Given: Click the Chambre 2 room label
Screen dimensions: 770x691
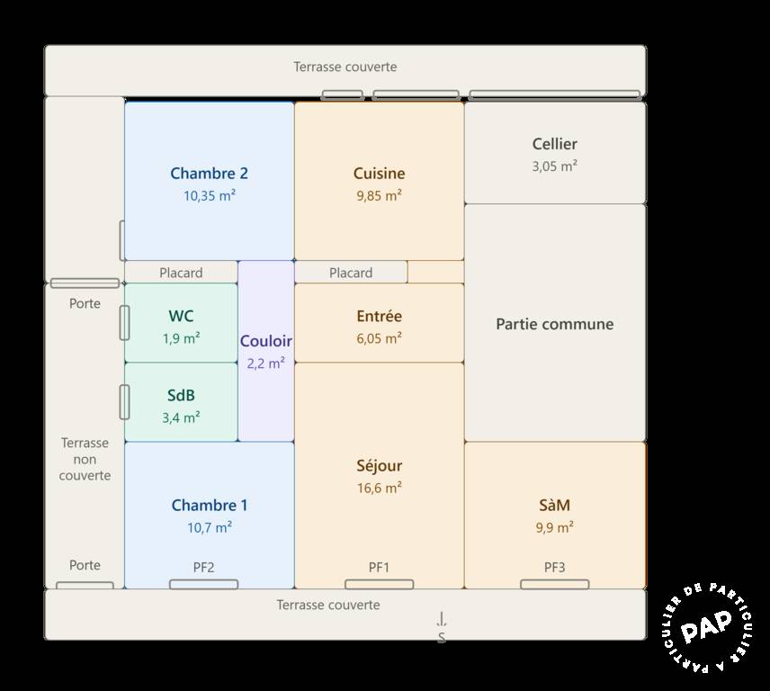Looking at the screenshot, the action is (x=210, y=174).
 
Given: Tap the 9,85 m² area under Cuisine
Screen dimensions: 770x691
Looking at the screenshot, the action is (x=379, y=196).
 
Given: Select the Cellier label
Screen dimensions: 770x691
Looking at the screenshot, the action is (x=554, y=144).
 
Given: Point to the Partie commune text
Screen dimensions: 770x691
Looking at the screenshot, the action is (x=554, y=324).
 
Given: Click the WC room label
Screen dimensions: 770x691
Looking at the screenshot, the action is (x=181, y=316).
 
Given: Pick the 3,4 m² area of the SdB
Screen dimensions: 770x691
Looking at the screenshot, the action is (x=181, y=418).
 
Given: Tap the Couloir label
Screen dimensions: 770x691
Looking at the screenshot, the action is (x=265, y=341).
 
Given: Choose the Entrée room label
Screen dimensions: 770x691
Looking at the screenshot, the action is (x=379, y=316).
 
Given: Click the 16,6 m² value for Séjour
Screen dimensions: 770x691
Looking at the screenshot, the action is (x=379, y=489).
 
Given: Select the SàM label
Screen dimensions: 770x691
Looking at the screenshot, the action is (x=554, y=505).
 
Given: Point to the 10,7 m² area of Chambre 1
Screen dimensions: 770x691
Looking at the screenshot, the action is (x=210, y=528).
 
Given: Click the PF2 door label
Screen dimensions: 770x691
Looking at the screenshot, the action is (x=204, y=568).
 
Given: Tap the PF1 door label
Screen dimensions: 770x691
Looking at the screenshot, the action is (x=379, y=568).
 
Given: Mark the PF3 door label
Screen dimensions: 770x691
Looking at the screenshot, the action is (x=554, y=568).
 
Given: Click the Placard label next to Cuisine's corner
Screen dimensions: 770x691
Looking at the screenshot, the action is (x=351, y=273).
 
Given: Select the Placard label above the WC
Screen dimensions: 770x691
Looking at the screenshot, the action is (x=181, y=273).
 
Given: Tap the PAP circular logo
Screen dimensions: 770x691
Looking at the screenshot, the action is (x=707, y=627).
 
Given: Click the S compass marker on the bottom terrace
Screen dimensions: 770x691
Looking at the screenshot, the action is (x=442, y=637).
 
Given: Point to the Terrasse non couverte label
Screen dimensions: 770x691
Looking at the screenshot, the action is (x=85, y=459).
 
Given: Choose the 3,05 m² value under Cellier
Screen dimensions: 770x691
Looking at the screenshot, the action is (x=554, y=166).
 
